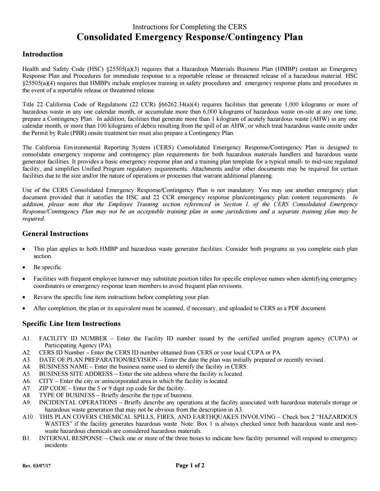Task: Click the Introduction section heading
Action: pyautogui.click(x=42, y=54)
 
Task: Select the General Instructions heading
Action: pyautogui.click(x=55, y=234)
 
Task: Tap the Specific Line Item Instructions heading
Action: pyautogui.click(x=71, y=324)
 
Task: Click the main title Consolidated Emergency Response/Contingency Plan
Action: pyautogui.click(x=190, y=37)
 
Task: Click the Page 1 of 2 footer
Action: pyautogui.click(x=190, y=465)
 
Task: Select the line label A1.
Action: pyautogui.click(x=26, y=338)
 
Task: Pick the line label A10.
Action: pyautogui.click(x=28, y=417)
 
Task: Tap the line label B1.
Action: pyautogui.click(x=26, y=438)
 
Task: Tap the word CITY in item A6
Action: pyautogui.click(x=46, y=381)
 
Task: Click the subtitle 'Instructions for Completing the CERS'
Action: pyautogui.click(x=190, y=27)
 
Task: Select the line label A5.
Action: pyautogui.click(x=26, y=374)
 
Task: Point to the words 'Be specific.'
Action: pyautogui.click(x=48, y=267)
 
